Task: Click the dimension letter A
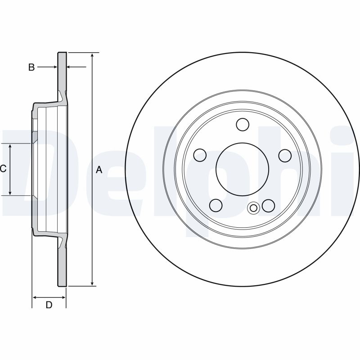99,170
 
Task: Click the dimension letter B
31,67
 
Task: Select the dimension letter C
3,169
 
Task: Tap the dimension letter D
49,305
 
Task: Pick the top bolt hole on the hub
243,124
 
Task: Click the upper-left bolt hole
200,156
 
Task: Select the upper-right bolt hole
285,156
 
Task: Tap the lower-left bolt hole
216,205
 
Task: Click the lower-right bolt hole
269,206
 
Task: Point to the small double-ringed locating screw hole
253,207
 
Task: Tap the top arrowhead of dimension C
11,146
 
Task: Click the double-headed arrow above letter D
49,297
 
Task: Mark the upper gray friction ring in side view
62,72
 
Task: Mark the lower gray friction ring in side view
62,265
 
